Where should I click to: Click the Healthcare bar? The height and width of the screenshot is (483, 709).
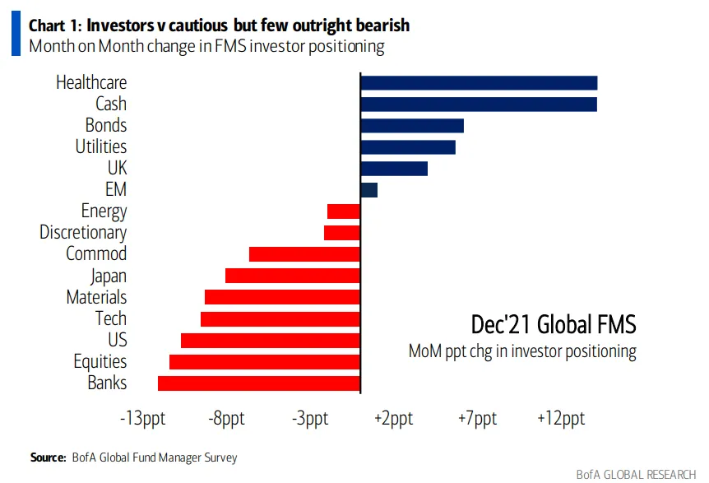point(479,82)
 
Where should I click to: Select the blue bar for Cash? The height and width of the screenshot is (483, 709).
point(479,104)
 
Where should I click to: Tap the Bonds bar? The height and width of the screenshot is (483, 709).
point(412,125)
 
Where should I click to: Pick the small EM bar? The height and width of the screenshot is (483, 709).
point(369,190)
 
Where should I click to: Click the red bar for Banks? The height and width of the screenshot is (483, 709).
point(259,383)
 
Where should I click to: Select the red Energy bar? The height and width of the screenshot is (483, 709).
point(344,211)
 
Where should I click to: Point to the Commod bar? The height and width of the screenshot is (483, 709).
point(304,254)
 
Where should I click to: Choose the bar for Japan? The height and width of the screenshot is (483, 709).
point(293,276)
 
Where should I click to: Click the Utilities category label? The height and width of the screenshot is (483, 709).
point(101,146)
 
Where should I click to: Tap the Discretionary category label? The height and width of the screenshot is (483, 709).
point(83,233)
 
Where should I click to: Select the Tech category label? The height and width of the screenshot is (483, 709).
point(111,318)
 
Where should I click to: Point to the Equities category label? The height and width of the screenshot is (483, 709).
point(100,361)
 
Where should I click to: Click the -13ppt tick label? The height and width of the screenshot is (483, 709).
point(142,419)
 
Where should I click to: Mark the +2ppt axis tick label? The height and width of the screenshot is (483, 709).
point(393,419)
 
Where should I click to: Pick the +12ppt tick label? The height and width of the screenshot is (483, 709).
point(561,419)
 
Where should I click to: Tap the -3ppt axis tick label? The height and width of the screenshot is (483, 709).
point(309,419)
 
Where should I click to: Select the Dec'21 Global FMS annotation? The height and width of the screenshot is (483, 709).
point(553,324)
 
